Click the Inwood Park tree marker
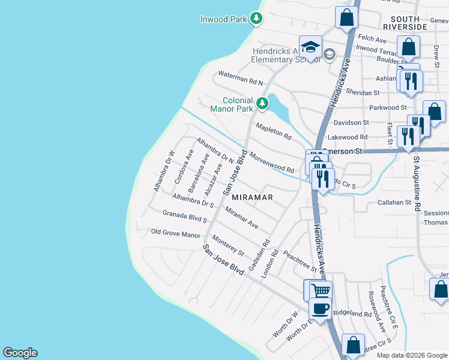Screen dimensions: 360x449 tap(256, 19)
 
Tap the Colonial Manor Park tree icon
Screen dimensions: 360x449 tap(262, 104)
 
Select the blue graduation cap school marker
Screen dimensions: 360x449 tap(310, 47)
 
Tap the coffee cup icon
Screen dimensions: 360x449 tap(320, 308)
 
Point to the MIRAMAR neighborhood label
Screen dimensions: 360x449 tap(252, 197)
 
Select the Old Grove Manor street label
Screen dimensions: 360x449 tap(175, 233)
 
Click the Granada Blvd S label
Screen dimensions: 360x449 tap(184, 216)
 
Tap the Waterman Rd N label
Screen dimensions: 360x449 tap(240, 78)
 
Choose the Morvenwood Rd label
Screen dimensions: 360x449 tap(271, 161)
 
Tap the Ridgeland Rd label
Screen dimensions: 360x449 tap(352, 314)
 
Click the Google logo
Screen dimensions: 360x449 tap(20, 353)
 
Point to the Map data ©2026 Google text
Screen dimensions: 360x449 tap(412, 355)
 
